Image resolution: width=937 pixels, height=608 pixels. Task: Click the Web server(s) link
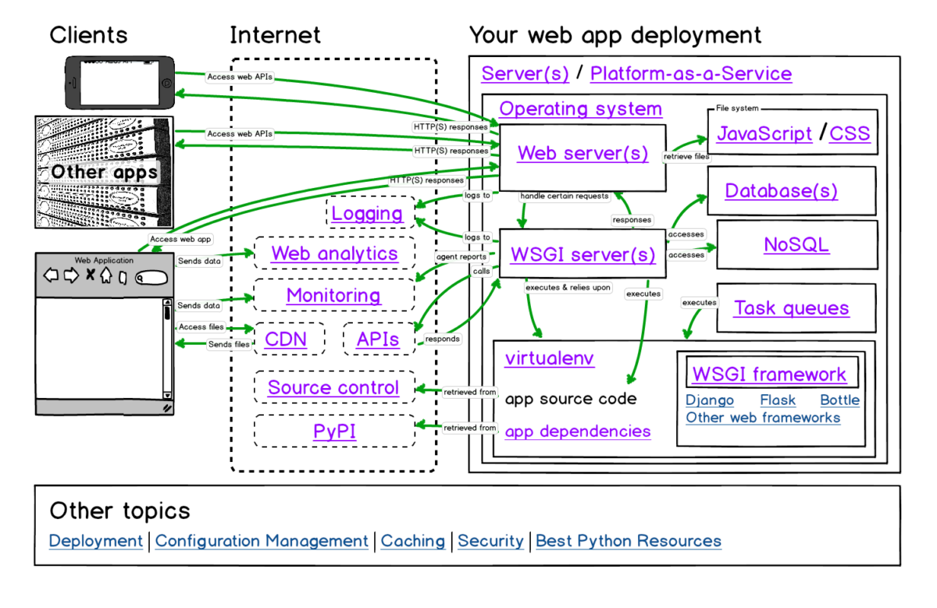point(583,153)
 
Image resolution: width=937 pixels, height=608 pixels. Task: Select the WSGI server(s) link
point(583,254)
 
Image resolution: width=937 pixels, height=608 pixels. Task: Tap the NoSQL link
point(796,244)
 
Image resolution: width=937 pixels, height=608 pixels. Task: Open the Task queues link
point(792,308)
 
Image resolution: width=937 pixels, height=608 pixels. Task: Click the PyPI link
point(334,431)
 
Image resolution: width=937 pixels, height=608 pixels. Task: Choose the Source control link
point(333,387)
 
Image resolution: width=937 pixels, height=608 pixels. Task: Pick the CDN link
point(286,340)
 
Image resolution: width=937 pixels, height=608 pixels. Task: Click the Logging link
point(367,214)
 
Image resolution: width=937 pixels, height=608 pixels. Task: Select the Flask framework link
point(778,400)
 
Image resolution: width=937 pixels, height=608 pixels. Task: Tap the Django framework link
point(710,400)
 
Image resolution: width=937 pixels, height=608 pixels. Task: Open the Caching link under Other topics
point(413,541)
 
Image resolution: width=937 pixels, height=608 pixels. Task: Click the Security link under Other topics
point(490,541)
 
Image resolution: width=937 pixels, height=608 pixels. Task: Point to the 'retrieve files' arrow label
point(686,156)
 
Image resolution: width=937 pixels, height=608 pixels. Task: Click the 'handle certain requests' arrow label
point(565,196)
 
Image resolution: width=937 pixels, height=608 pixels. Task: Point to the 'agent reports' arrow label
point(461,257)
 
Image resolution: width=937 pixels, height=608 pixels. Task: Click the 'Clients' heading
point(88,34)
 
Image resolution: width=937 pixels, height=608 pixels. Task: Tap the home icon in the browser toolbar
point(106,276)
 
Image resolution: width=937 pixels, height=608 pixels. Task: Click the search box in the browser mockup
point(151,278)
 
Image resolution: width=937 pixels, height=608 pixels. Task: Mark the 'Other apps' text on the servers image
point(104,172)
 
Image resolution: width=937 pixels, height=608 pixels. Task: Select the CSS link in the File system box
point(850,133)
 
